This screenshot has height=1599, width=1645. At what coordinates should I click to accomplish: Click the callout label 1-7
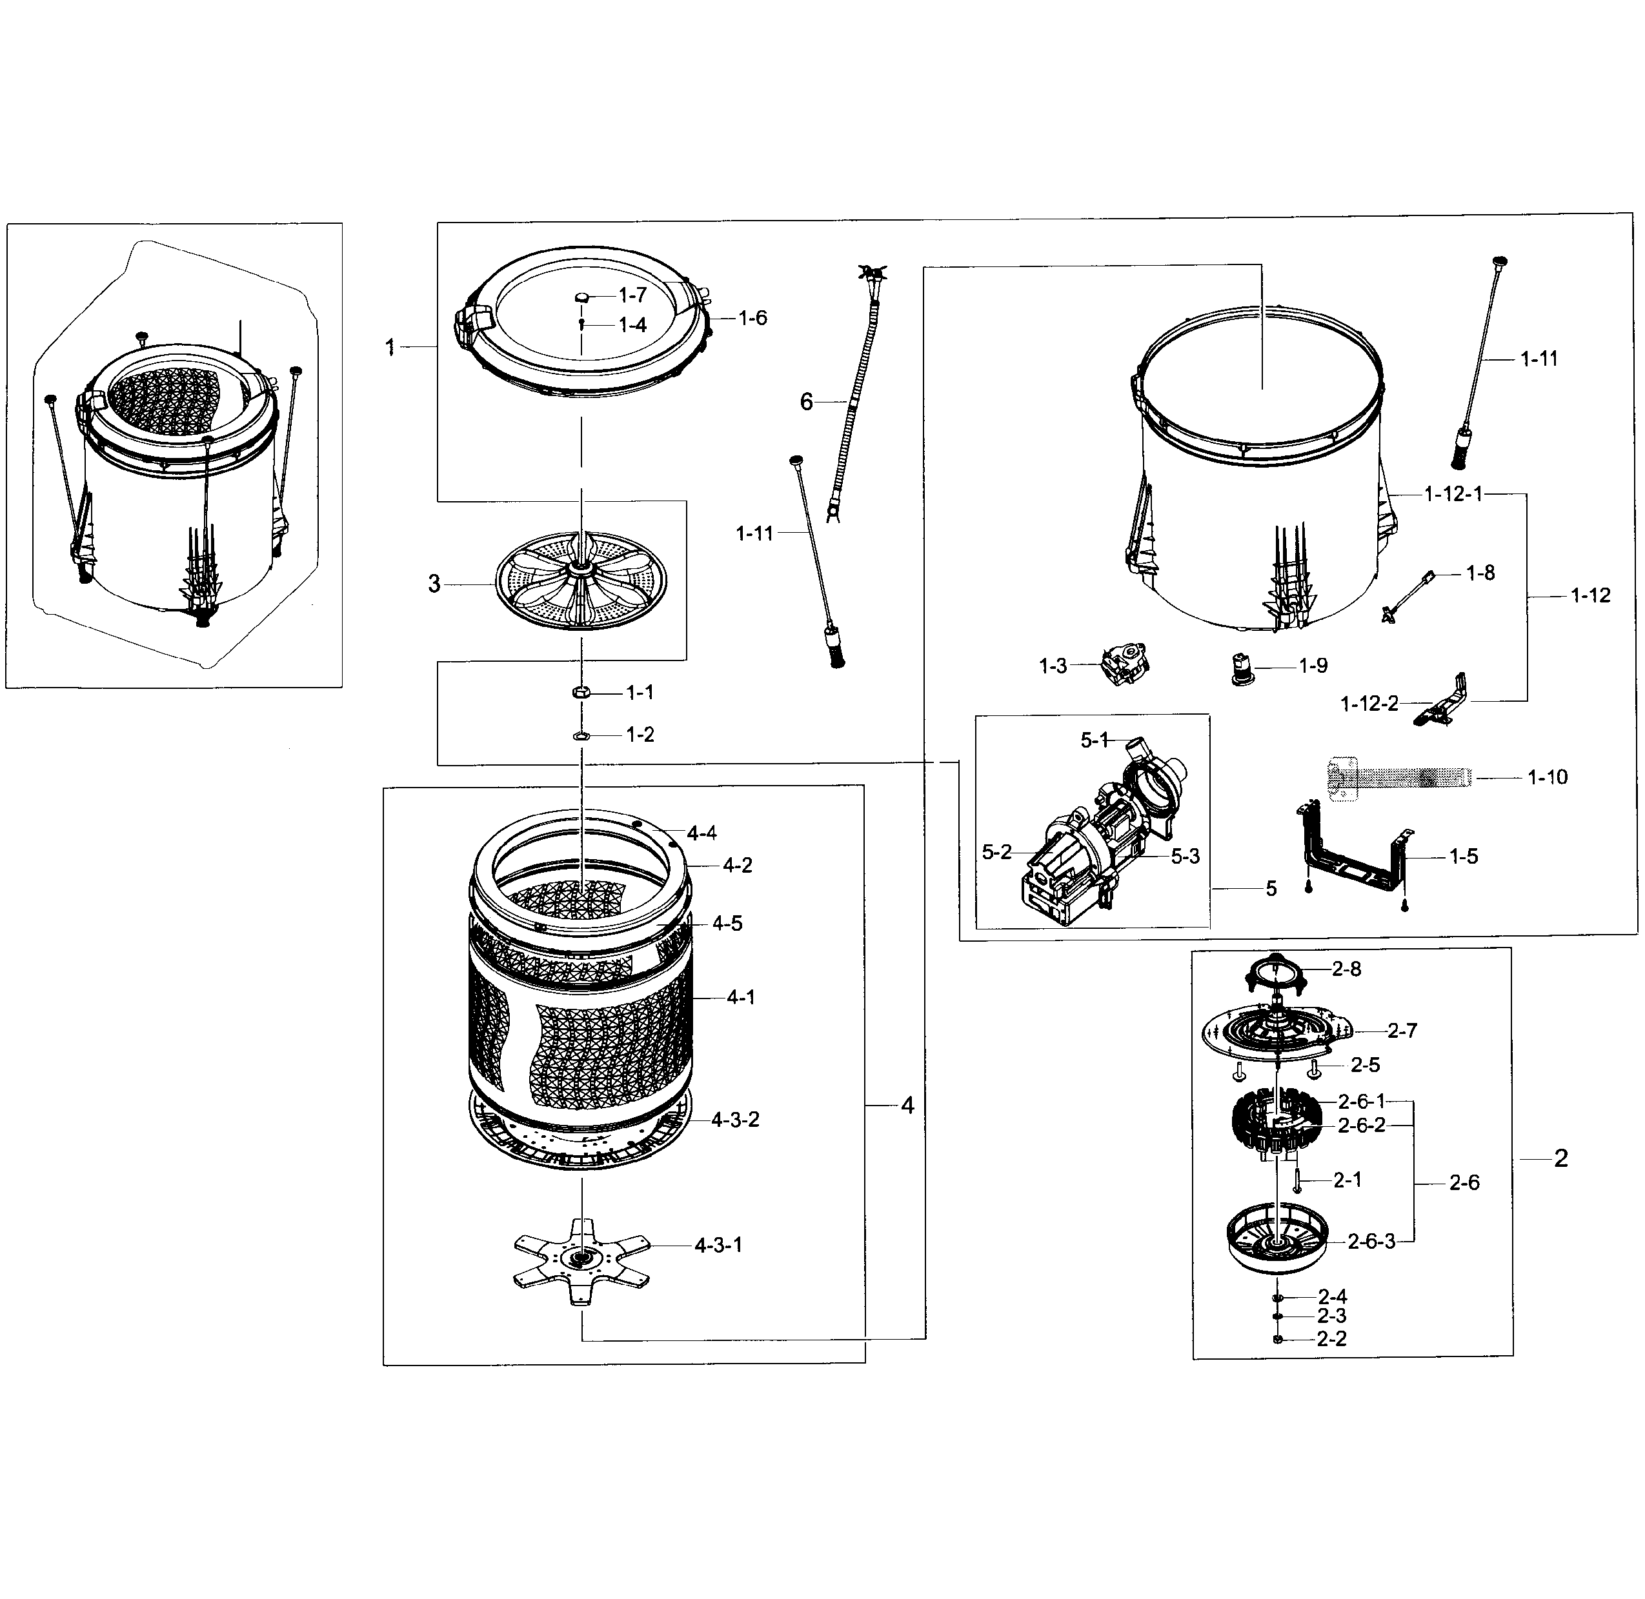coord(632,295)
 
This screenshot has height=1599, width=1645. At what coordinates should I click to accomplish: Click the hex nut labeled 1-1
coord(580,692)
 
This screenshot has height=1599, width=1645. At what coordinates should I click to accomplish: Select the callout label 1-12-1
coord(1453,495)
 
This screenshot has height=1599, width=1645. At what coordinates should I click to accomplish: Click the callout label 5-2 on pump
coord(996,853)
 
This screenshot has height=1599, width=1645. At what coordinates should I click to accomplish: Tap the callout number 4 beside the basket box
coord(907,1106)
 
